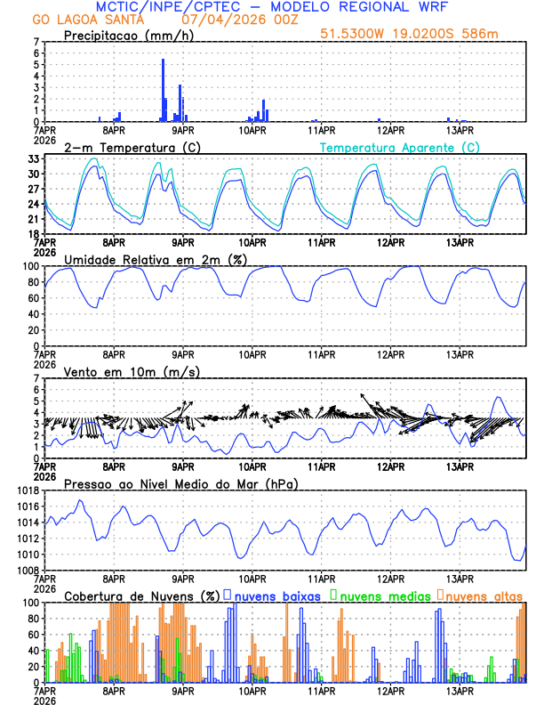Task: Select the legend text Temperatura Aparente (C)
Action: [400, 147]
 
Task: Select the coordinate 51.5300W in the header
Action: [351, 35]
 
